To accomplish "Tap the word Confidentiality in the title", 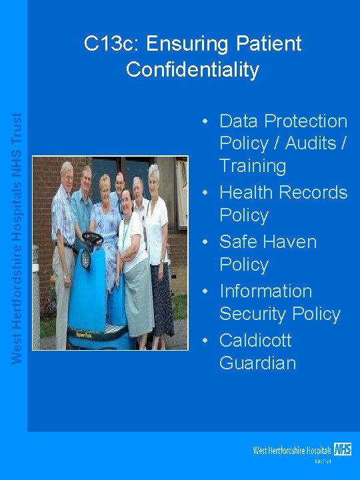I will point(192,69).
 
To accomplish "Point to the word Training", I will point(253,166).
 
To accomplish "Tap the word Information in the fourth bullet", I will point(265,291).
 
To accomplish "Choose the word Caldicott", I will point(255,340).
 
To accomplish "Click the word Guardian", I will point(257,363).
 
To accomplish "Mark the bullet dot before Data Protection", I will point(207,121).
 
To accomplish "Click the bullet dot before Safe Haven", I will point(207,242).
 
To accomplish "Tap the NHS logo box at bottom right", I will point(343,449).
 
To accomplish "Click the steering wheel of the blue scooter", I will point(93,238).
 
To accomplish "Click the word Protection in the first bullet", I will point(306,121).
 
